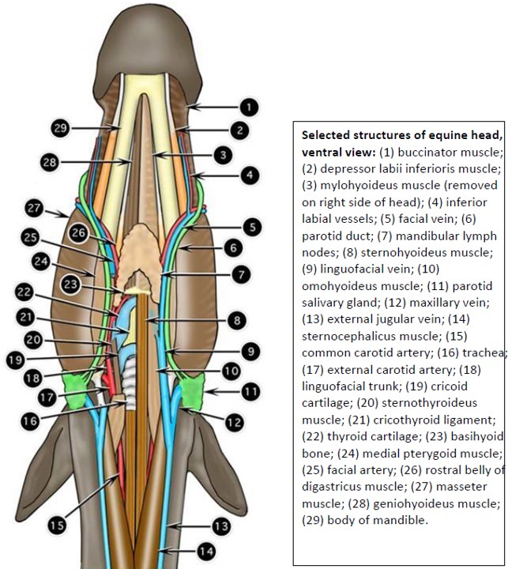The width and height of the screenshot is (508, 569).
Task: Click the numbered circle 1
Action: (x=249, y=106)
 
